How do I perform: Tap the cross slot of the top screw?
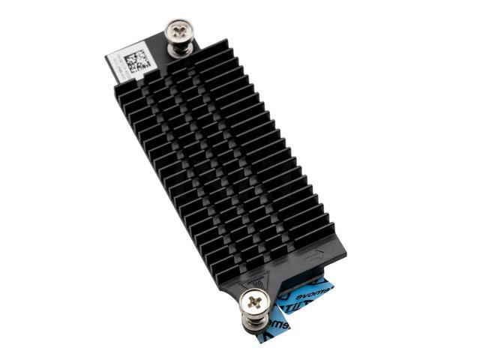(181, 30)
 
